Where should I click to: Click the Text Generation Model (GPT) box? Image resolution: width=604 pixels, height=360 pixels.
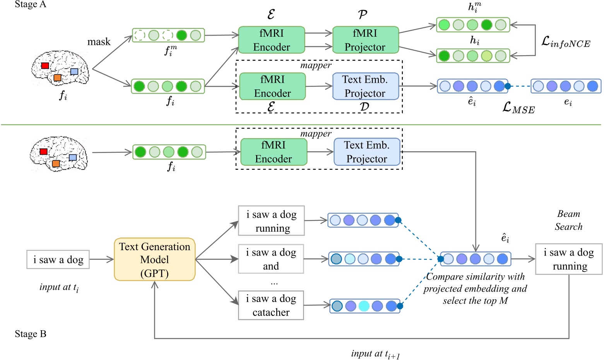[x=154, y=259]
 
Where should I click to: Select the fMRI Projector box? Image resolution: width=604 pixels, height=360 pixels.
[x=365, y=40]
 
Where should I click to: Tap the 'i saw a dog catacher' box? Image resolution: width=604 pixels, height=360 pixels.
[x=271, y=305]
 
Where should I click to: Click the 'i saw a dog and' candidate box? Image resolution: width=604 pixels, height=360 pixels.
[x=271, y=259]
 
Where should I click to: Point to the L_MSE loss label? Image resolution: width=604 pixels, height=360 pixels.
[x=518, y=108]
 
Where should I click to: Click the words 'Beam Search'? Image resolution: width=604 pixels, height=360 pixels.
[x=568, y=220]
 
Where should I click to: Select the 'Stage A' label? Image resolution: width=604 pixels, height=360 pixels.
[x=30, y=5]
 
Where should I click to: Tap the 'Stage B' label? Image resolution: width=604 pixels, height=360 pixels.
[x=30, y=334]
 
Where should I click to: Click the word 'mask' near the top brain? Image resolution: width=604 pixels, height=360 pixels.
[x=99, y=42]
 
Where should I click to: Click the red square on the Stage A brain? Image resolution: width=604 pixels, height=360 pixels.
[x=45, y=65]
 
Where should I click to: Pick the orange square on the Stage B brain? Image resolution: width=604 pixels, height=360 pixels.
[x=56, y=164]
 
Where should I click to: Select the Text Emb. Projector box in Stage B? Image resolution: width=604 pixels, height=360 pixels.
[x=366, y=152]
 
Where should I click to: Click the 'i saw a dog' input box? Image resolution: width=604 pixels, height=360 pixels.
[x=58, y=259]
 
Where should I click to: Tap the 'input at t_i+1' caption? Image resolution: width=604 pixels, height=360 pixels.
[x=375, y=354]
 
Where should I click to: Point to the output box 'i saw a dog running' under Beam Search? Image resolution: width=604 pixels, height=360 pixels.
[x=568, y=259]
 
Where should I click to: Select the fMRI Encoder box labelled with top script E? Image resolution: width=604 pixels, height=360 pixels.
[x=271, y=40]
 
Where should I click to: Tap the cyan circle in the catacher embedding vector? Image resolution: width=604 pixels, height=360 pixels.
[x=364, y=306]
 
